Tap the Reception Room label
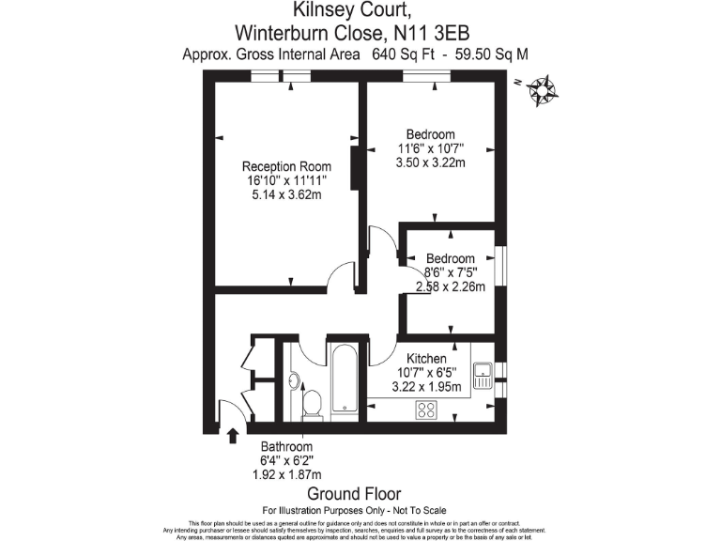click(x=286, y=166)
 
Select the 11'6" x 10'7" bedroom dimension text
click(x=431, y=148)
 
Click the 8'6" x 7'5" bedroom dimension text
click(x=450, y=273)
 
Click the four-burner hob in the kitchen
click(x=427, y=409)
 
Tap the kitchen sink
click(x=483, y=375)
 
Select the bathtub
click(x=343, y=378)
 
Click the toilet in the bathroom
click(x=312, y=404)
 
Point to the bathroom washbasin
click(x=293, y=380)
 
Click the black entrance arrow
click(x=233, y=435)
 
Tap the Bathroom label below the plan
click(x=286, y=447)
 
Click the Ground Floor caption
click(x=354, y=494)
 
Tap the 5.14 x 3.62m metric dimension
click(x=286, y=195)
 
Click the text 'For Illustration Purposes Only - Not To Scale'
click(x=354, y=510)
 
